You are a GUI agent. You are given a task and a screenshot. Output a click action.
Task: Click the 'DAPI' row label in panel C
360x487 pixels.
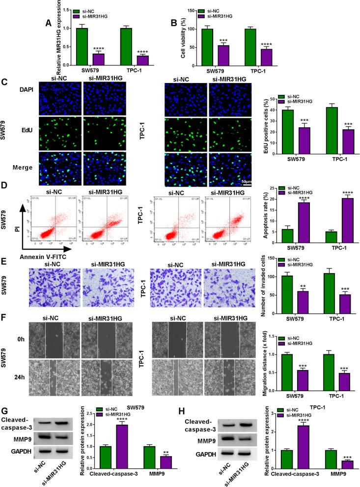point(26,91)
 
